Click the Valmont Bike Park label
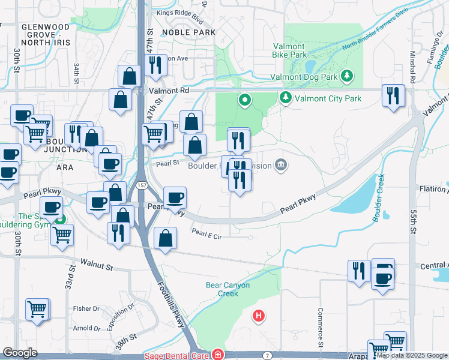(x=290, y=50)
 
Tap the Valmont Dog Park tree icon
(x=346, y=76)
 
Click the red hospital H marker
(x=259, y=315)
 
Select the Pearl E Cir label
(x=206, y=235)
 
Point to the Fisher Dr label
(x=86, y=308)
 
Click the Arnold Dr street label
(x=86, y=328)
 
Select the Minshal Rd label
(x=413, y=66)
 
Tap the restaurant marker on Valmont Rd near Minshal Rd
(x=393, y=96)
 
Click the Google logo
(x=20, y=353)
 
